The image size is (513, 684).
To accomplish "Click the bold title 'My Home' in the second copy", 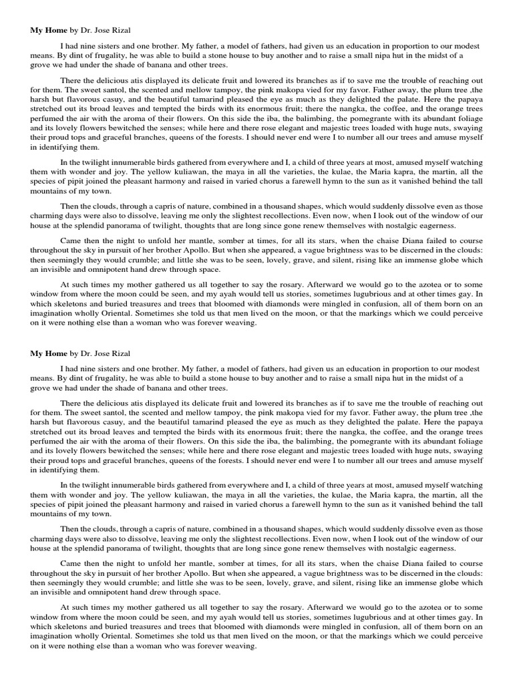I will click(x=47, y=353).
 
